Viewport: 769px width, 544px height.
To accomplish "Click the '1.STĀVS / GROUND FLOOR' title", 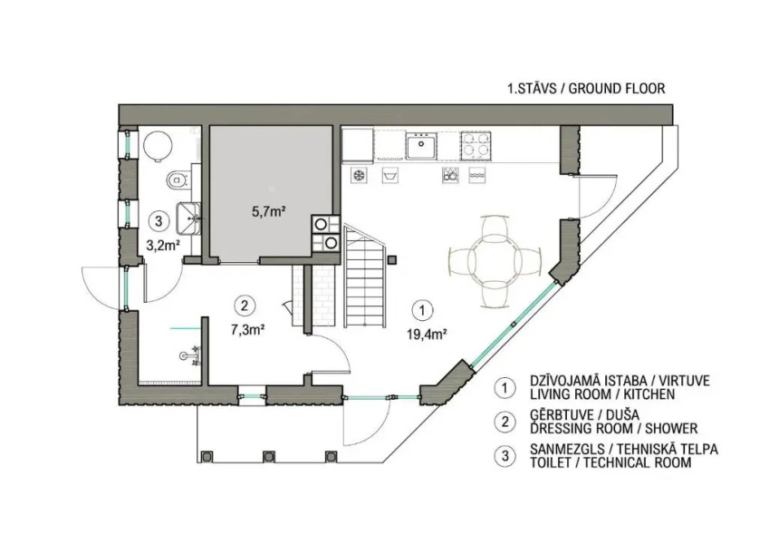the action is click(x=586, y=89).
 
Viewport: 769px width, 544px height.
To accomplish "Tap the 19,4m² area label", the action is click(x=426, y=335).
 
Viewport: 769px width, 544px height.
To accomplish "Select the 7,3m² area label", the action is click(x=247, y=329).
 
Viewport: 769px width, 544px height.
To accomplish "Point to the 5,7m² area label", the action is click(x=269, y=211).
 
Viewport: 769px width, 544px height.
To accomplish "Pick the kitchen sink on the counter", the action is click(x=421, y=146).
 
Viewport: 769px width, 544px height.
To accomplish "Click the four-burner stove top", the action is click(x=476, y=146).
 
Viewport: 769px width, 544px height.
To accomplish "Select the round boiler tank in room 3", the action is click(x=159, y=145).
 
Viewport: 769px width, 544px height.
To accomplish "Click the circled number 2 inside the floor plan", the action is click(x=245, y=306).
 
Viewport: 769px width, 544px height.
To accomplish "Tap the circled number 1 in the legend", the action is click(x=505, y=387).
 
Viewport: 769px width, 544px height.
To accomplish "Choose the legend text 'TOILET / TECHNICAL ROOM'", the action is click(x=610, y=462).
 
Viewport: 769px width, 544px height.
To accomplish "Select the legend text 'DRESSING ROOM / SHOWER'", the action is click(x=613, y=428).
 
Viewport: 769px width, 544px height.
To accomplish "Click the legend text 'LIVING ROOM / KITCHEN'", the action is click(x=602, y=393).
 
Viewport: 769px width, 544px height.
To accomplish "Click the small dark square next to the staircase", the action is click(x=392, y=260).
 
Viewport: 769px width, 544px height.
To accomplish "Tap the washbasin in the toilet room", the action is click(x=187, y=217).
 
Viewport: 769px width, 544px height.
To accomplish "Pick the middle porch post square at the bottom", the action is click(x=269, y=457).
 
